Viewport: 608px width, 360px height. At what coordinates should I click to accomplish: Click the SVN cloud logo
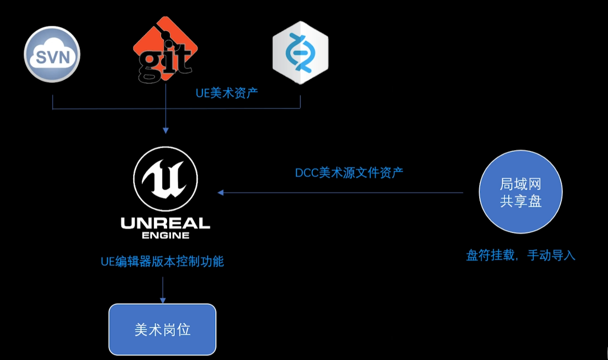pyautogui.click(x=52, y=55)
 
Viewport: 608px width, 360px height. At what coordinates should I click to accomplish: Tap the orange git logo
pyautogui.click(x=165, y=49)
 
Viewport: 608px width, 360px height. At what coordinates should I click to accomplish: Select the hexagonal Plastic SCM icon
pyautogui.click(x=300, y=53)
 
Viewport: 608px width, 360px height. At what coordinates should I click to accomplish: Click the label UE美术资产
pyautogui.click(x=227, y=93)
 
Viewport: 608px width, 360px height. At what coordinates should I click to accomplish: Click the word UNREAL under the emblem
pyautogui.click(x=165, y=223)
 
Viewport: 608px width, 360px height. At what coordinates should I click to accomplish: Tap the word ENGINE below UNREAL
pyautogui.click(x=165, y=235)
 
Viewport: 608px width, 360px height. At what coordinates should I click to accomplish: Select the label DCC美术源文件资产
pyautogui.click(x=349, y=173)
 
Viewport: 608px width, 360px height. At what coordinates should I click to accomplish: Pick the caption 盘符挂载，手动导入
pyautogui.click(x=520, y=255)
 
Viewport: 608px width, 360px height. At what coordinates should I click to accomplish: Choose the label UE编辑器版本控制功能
pyautogui.click(x=162, y=261)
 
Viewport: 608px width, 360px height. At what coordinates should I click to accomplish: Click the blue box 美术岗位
pyautogui.click(x=162, y=329)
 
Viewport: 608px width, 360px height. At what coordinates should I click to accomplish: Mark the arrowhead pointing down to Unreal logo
pyautogui.click(x=165, y=131)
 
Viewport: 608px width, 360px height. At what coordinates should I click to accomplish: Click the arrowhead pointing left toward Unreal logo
pyautogui.click(x=220, y=193)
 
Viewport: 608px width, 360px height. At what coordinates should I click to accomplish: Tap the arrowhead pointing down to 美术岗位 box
pyautogui.click(x=162, y=300)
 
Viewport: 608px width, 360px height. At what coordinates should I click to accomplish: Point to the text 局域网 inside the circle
pyautogui.click(x=520, y=185)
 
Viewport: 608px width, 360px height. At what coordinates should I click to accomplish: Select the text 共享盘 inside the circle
pyautogui.click(x=520, y=201)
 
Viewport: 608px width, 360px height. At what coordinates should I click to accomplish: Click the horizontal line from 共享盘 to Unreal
pyautogui.click(x=344, y=193)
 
